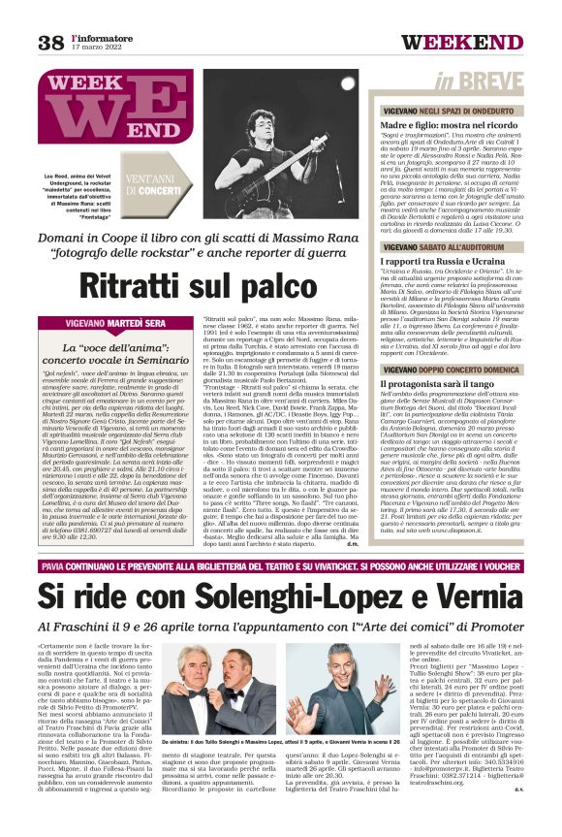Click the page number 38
(50, 42)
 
